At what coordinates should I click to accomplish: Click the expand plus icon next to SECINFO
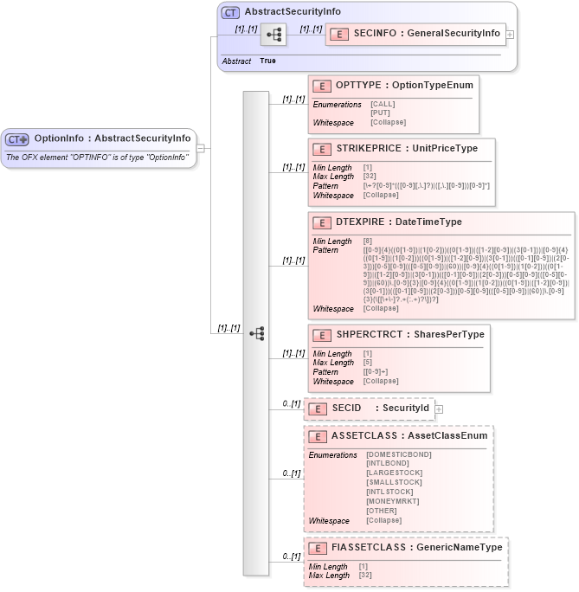point(510,35)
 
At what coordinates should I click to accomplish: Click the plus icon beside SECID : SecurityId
point(439,409)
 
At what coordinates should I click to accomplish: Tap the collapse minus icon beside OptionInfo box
point(201,148)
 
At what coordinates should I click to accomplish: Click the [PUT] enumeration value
point(380,113)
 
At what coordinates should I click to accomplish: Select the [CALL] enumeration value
point(383,104)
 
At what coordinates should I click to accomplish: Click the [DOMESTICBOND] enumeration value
point(399,454)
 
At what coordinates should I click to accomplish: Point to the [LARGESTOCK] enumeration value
point(395,473)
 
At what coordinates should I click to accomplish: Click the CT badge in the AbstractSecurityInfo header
point(230,12)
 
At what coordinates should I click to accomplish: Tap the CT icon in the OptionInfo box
point(17,138)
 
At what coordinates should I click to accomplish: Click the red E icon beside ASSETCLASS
point(318,436)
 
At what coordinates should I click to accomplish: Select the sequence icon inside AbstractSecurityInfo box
point(273,35)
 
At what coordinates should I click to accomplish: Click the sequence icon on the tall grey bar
point(255,333)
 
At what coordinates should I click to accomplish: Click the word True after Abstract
point(267,61)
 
